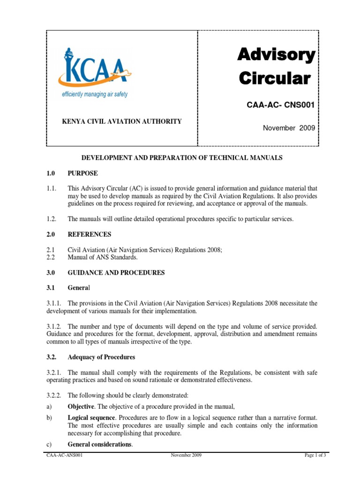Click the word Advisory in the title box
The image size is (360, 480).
click(x=276, y=55)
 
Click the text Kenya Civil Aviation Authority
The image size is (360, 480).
click(x=122, y=121)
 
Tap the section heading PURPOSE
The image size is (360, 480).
click(x=83, y=173)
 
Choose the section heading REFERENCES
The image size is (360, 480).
click(x=90, y=234)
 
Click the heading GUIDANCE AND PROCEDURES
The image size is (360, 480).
click(x=116, y=273)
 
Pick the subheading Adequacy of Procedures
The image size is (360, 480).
click(x=101, y=357)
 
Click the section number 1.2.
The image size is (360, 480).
click(x=52, y=219)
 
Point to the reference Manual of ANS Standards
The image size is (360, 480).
click(x=103, y=257)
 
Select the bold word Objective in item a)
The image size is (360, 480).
click(x=82, y=406)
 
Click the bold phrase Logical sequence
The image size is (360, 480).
click(x=91, y=418)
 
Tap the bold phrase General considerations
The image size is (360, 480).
click(x=100, y=444)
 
